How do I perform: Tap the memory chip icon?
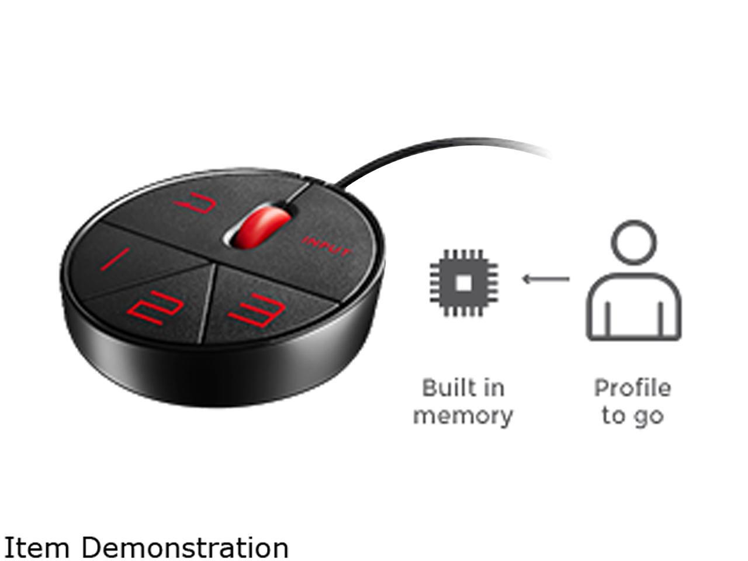[x=463, y=283]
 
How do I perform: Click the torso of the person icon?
[x=633, y=310]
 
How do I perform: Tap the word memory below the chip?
[x=463, y=416]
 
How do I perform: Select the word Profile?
[x=632, y=388]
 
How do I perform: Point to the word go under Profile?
[x=649, y=417]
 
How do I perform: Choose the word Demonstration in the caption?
[x=185, y=548]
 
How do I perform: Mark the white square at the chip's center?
[x=463, y=283]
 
